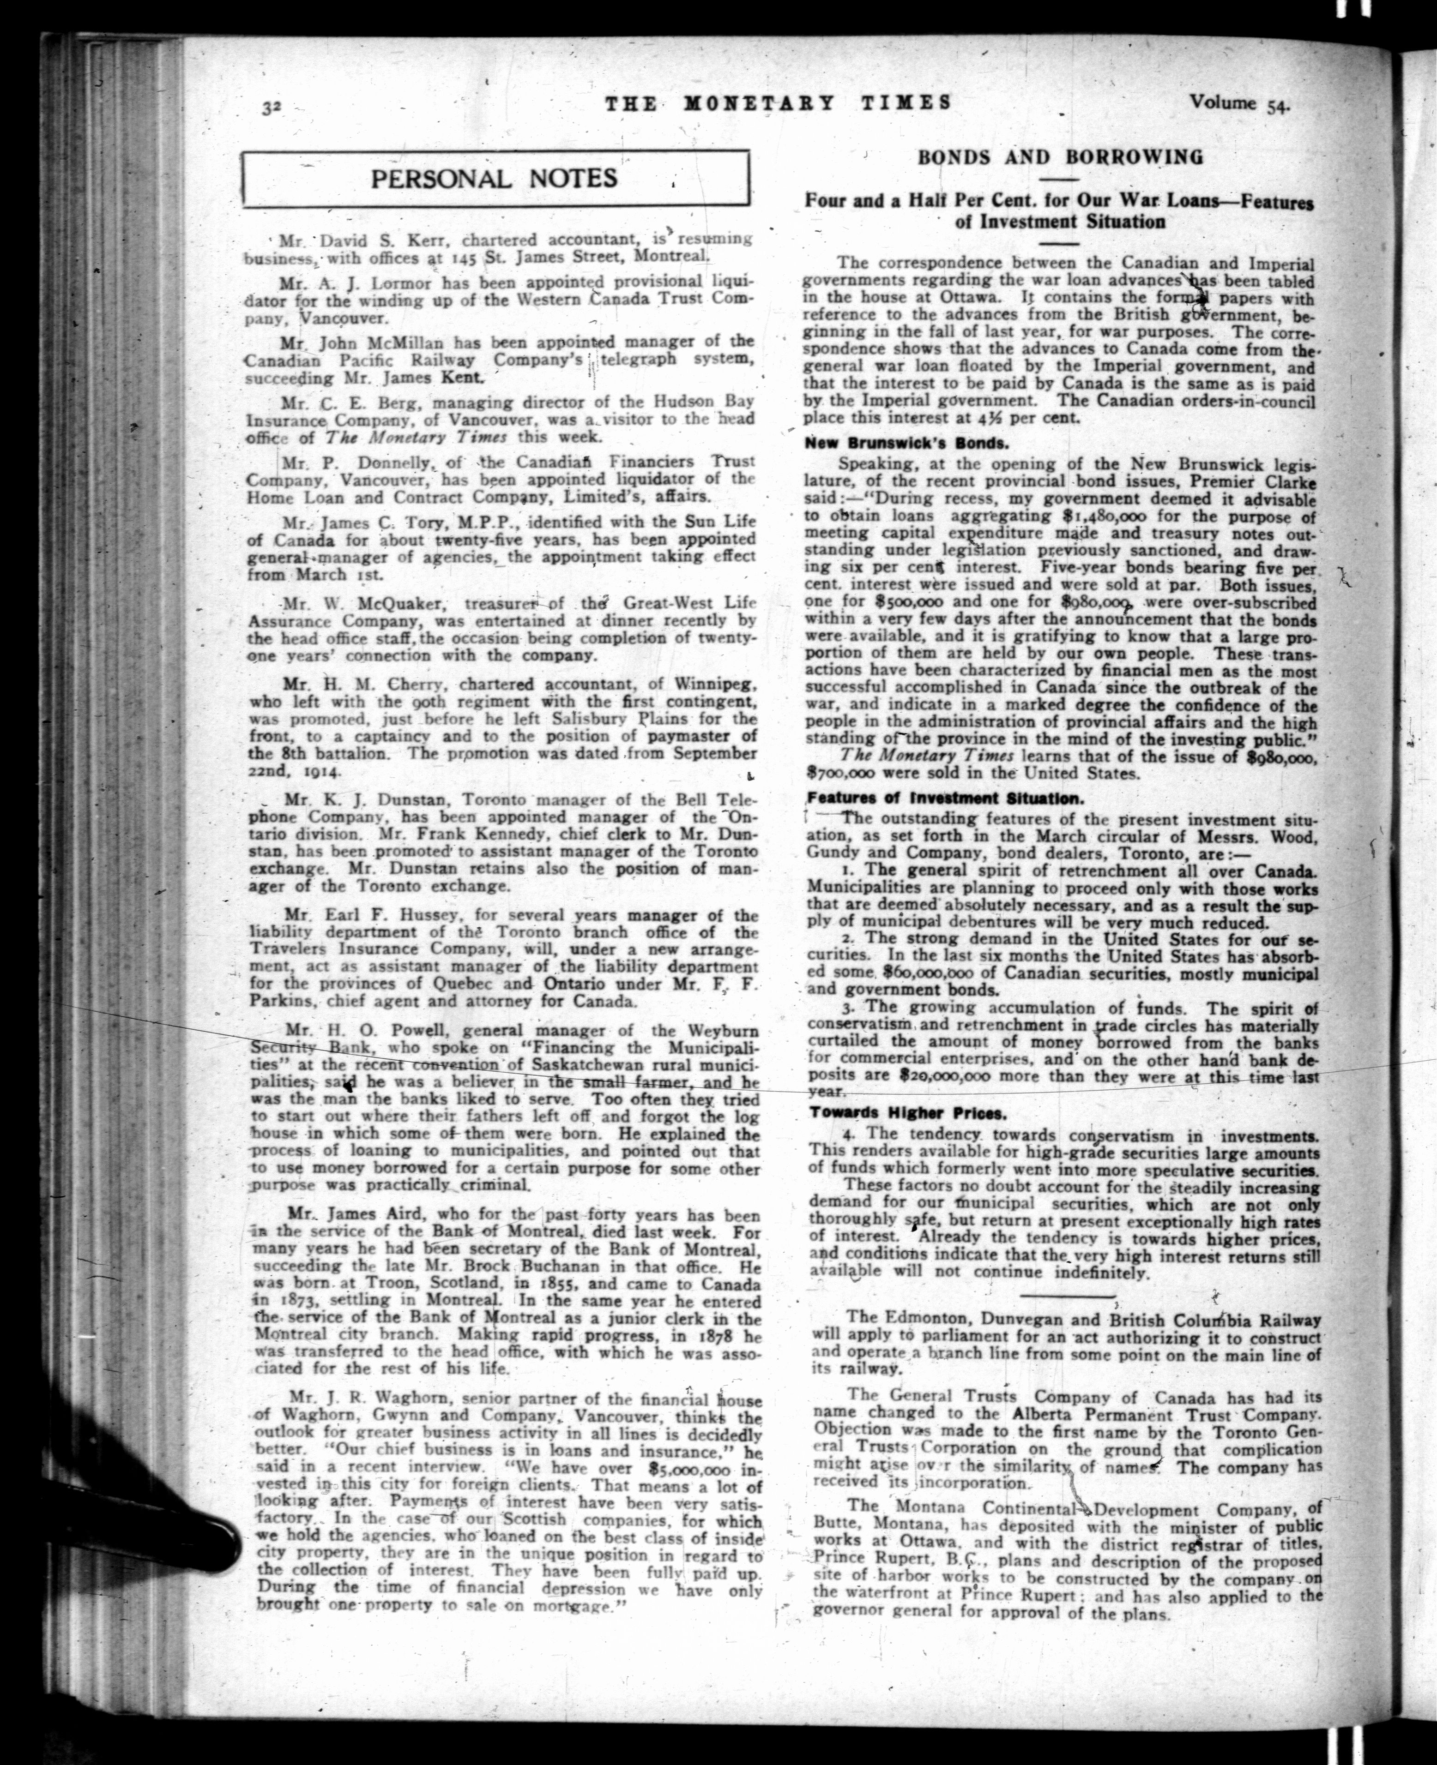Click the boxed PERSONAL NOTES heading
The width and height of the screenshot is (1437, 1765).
click(x=494, y=178)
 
